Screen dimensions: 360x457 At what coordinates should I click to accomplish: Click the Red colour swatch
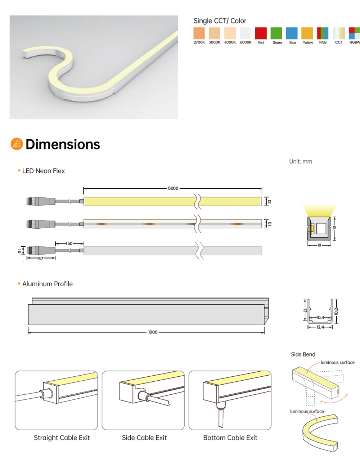261,33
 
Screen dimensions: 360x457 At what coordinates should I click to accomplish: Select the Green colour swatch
276,33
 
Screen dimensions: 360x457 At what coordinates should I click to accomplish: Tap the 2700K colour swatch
199,33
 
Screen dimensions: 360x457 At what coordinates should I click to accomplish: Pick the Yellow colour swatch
307,33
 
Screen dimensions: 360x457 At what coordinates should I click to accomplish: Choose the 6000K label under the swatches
246,42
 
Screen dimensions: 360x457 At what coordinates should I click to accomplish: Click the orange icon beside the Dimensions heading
17,144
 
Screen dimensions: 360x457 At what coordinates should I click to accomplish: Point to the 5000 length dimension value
173,188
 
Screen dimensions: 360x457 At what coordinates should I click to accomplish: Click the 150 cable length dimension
69,243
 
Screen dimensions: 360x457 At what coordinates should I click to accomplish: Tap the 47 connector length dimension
41,259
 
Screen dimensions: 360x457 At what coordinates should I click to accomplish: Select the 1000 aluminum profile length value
153,332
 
